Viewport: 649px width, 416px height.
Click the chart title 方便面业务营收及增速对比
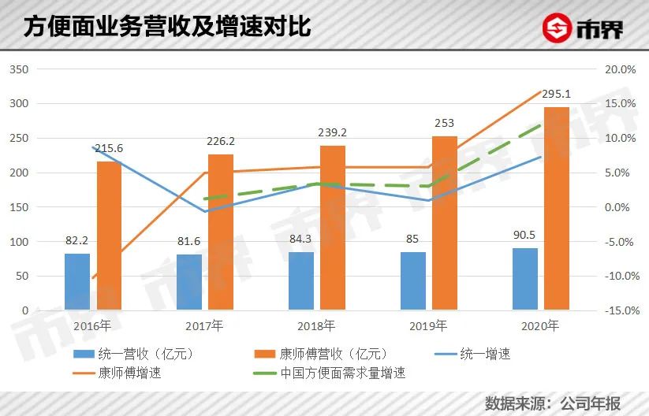tap(166, 27)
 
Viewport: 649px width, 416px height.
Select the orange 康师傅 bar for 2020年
tap(557, 209)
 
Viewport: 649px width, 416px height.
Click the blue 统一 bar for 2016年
tap(77, 282)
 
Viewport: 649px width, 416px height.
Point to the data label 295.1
tap(556, 94)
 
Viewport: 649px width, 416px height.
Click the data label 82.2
tap(77, 241)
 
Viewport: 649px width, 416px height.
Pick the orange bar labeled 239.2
tap(333, 228)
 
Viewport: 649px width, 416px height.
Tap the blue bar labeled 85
tap(413, 281)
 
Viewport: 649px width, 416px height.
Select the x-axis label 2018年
tap(315, 325)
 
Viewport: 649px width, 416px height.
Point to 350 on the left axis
tap(18, 69)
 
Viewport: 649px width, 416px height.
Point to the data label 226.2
tap(220, 142)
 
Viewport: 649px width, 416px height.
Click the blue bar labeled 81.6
tap(189, 283)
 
